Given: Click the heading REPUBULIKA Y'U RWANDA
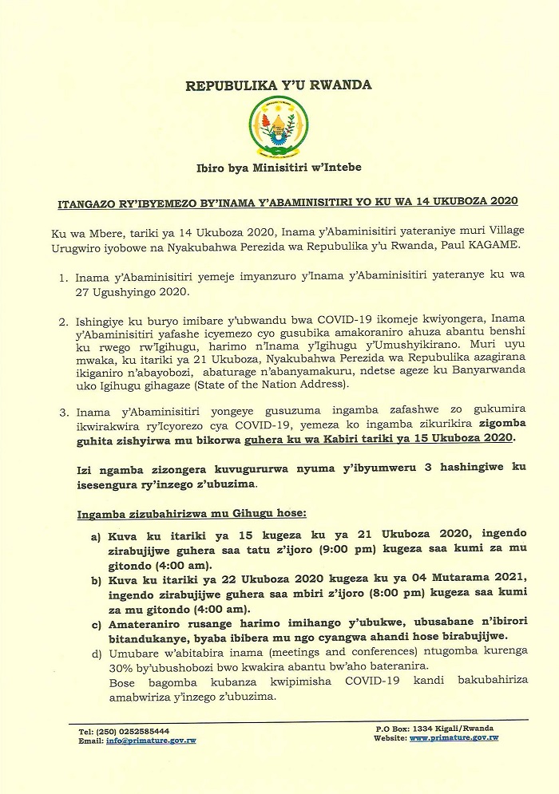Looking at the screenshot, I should pos(279,85).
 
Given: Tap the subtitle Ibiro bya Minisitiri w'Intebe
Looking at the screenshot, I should pos(279,167).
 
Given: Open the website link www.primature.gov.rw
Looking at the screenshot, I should pos(454,738).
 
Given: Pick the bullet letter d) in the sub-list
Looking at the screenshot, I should pos(97,654).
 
